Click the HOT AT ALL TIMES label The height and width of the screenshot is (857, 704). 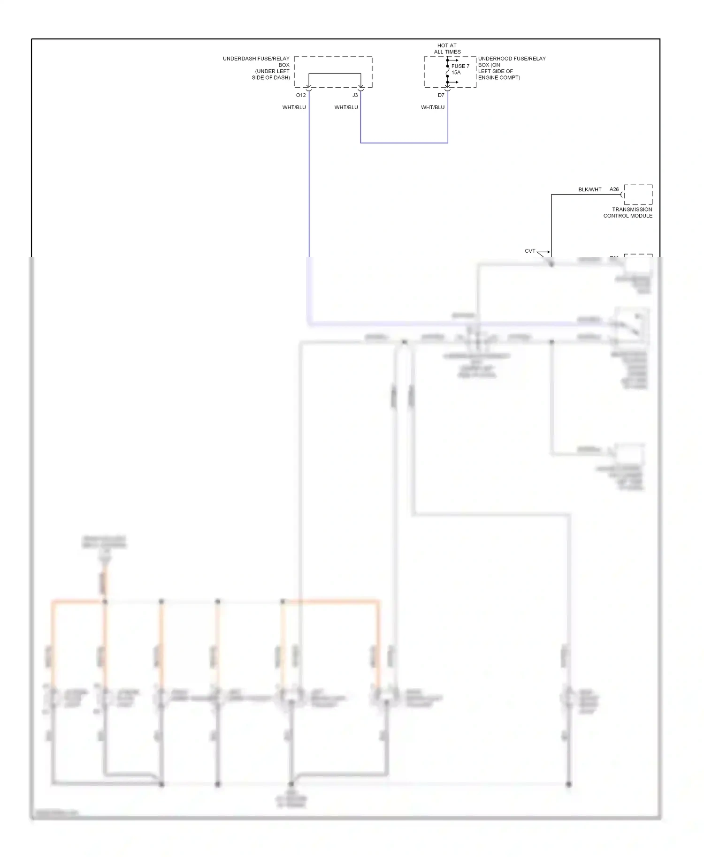pos(447,49)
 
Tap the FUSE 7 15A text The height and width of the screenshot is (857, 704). pos(460,69)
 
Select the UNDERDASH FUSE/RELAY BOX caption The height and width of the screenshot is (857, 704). pos(257,68)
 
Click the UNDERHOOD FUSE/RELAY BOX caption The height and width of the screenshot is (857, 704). pos(512,68)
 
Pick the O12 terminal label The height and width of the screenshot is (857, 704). pos(301,95)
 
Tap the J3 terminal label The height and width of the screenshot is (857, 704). pos(355,95)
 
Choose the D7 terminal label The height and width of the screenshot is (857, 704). pos(441,95)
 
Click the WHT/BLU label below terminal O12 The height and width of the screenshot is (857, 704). pos(294,107)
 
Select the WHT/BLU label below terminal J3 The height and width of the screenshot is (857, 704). pos(346,107)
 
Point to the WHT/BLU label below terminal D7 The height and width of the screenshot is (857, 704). pos(433,107)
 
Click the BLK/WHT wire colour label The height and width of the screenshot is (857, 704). pos(590,190)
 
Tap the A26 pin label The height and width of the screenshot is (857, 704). pos(614,189)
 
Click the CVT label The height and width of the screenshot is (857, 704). pos(530,251)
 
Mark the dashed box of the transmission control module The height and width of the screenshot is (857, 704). pos(638,195)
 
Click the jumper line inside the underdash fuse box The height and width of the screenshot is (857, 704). pos(335,74)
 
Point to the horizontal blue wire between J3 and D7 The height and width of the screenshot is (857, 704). pos(404,143)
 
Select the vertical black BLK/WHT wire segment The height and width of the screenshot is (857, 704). pos(551,223)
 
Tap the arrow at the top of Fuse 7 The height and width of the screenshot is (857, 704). pos(454,60)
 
